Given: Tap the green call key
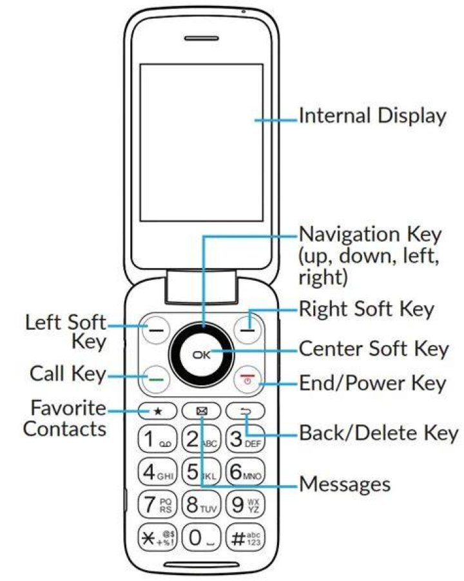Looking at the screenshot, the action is [x=157, y=379].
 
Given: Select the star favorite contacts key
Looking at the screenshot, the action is [x=157, y=411].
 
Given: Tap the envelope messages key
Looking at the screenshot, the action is [x=202, y=411].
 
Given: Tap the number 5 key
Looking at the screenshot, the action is [x=202, y=471].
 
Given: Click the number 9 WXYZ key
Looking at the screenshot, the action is [x=246, y=504].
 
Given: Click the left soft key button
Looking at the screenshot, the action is [x=157, y=329].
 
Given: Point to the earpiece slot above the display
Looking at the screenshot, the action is [x=202, y=38].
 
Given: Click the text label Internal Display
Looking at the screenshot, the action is [x=372, y=116].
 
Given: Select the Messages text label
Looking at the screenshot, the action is [x=345, y=484].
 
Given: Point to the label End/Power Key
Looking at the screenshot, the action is [x=372, y=383].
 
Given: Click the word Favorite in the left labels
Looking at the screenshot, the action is [x=68, y=408].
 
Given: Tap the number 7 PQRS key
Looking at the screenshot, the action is [x=157, y=504].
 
